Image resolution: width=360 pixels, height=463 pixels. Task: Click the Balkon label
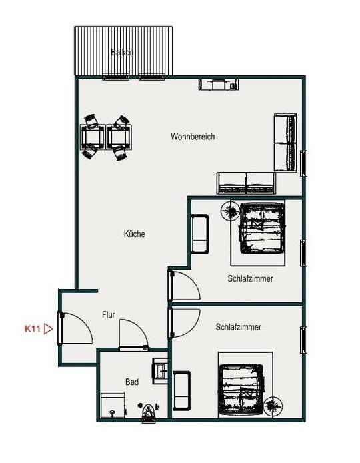coord(122,52)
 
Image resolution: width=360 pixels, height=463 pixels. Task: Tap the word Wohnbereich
coord(193,137)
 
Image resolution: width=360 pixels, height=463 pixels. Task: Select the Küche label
coord(134,234)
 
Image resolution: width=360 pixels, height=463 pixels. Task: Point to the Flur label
coord(109,314)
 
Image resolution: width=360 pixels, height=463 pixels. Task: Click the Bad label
coord(132,382)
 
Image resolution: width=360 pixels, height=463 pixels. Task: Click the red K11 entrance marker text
coord(33,328)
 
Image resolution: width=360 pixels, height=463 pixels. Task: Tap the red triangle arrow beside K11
coord(48,329)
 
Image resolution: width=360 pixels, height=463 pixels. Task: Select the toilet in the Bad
coord(149,412)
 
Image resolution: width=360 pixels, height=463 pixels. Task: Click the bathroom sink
coord(160,371)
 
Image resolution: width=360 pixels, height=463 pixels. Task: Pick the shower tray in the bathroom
coord(113,405)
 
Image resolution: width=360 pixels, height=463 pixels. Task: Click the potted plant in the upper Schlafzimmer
coord(231,211)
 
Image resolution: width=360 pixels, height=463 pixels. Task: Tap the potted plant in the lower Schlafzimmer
coord(273,406)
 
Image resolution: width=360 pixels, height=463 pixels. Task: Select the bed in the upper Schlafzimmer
coord(262,228)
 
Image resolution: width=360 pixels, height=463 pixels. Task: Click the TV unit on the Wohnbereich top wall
coord(219,84)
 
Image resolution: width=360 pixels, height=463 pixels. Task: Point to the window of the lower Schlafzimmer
coord(303,340)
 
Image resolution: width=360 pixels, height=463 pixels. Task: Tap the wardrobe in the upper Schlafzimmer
coord(200,234)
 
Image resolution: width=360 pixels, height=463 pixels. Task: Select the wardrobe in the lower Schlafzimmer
coord(181,391)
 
